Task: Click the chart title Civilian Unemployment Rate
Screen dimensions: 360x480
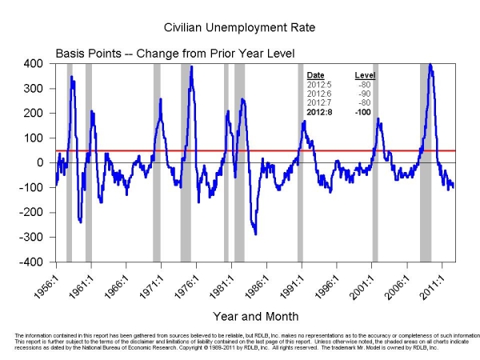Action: click(239, 27)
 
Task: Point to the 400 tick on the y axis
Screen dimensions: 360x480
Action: click(34, 62)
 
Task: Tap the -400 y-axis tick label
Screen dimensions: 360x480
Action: click(33, 262)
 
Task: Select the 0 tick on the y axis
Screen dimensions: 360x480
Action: click(38, 162)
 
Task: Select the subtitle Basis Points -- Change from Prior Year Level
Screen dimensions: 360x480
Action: click(175, 53)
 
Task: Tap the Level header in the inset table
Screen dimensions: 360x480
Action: click(366, 74)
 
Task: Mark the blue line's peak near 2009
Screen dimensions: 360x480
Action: click(430, 65)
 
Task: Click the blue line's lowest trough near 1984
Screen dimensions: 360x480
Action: click(255, 234)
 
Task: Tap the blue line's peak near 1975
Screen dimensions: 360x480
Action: click(191, 67)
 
